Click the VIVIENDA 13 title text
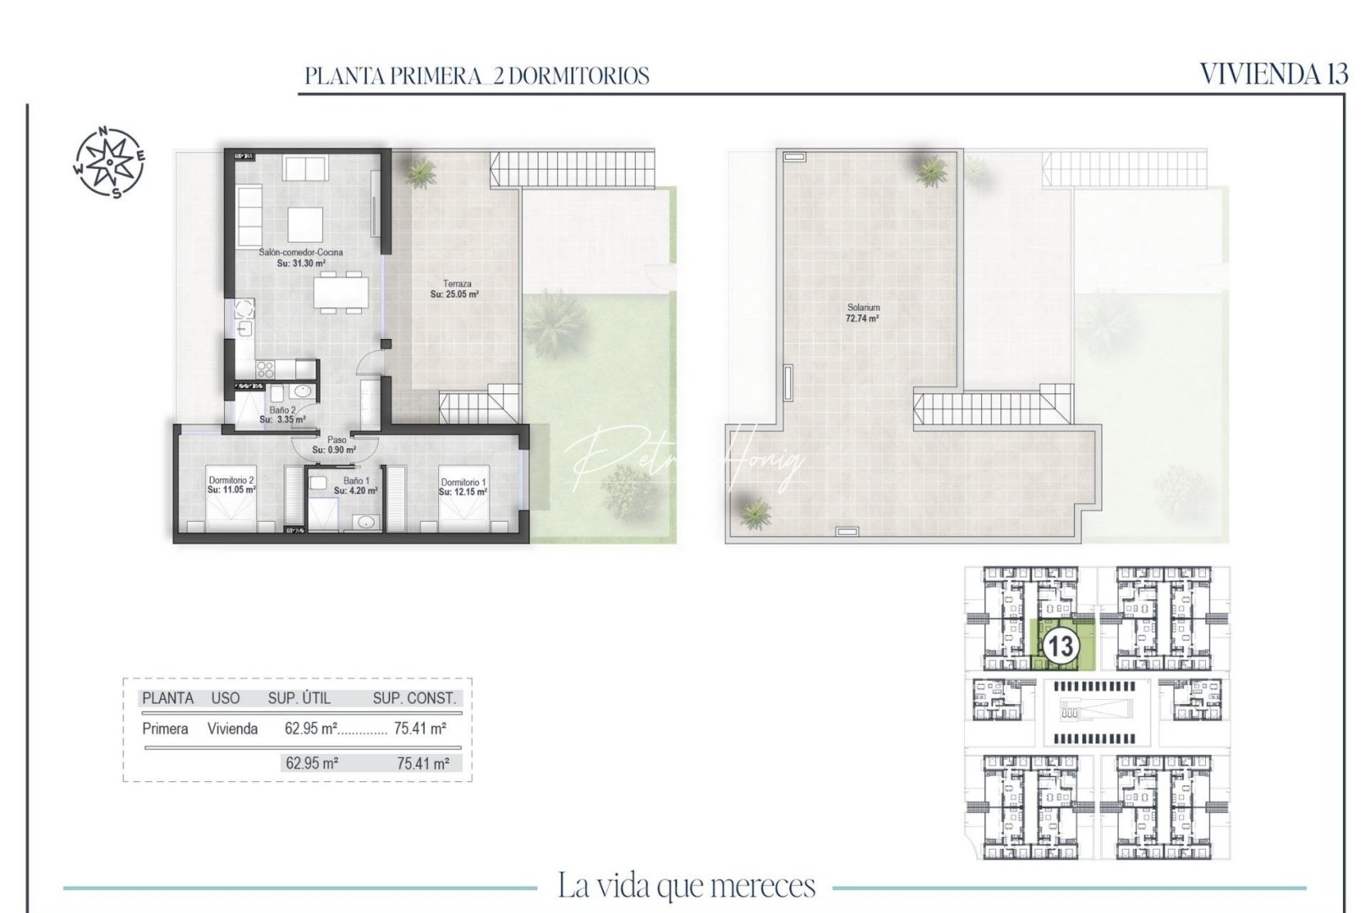1273,74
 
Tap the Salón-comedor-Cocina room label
301,258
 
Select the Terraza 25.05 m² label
455,289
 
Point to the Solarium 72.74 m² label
863,314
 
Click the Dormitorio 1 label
462,487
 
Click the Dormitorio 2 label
231,484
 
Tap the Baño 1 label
355,485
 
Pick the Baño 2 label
282,414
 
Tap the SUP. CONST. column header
414,698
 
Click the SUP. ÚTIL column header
299,698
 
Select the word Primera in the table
165,729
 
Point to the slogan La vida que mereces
686,885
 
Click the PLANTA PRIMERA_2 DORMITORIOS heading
477,76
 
